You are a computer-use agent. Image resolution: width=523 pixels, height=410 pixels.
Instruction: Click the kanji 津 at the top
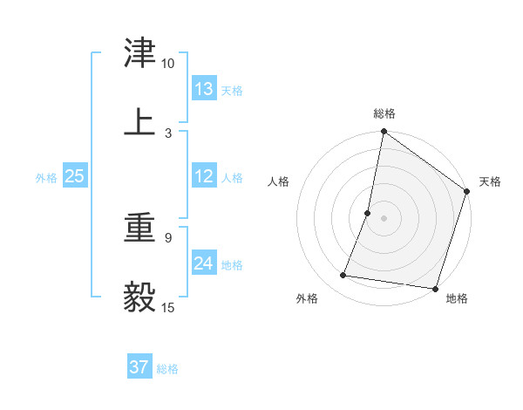pos(140,53)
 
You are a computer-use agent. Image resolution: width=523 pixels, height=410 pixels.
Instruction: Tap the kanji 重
pos(140,228)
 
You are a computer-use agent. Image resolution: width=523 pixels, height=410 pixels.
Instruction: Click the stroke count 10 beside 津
pos(168,64)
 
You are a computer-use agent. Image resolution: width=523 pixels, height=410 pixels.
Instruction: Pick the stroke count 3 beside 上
pos(168,133)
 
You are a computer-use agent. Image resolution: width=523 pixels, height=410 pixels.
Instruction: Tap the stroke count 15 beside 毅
pos(168,307)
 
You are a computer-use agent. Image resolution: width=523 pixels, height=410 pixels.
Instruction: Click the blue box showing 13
pos(204,89)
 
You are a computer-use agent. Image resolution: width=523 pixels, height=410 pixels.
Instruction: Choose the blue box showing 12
pos(204,176)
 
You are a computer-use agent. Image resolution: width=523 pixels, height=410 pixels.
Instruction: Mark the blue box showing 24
pos(204,263)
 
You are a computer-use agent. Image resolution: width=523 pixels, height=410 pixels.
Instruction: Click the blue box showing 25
pos(75,176)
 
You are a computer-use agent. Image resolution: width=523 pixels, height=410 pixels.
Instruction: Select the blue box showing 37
pos(139,367)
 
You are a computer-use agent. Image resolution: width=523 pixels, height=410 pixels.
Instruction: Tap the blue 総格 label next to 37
pos(168,369)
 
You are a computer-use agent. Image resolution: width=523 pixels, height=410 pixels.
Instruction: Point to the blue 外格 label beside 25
pos(46,178)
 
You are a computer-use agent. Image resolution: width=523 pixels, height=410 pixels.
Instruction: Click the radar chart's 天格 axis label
pos(490,181)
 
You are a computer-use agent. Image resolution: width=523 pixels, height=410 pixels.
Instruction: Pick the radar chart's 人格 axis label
pos(278,181)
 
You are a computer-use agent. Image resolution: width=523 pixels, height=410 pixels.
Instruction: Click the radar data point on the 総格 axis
pos(384,133)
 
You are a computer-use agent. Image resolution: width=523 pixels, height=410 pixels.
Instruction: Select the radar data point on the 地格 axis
pos(435,289)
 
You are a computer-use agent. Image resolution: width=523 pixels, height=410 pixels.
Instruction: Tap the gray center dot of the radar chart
pos(384,217)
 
